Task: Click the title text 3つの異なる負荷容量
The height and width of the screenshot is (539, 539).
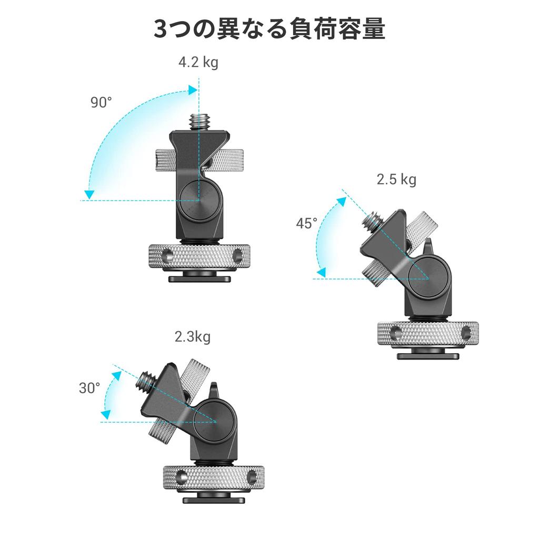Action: (269, 29)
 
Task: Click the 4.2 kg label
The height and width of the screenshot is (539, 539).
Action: (198, 63)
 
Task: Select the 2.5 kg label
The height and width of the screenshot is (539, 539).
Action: (396, 179)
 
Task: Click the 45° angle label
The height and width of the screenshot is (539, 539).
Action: (306, 223)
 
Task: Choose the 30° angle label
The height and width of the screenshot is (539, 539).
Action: (89, 388)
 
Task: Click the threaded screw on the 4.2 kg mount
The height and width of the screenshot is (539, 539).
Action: (198, 120)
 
